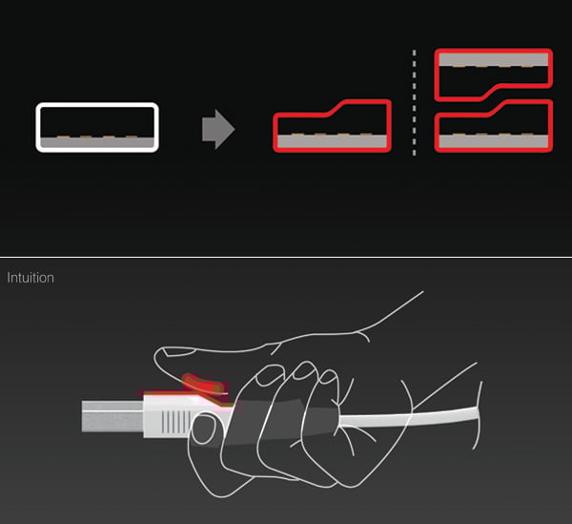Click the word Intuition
[31, 278]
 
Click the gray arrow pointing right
[218, 129]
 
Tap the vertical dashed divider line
[414, 103]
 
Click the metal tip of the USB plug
[112, 416]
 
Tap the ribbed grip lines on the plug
[175, 422]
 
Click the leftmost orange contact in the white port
[63, 136]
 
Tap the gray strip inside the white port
[97, 142]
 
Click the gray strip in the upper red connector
[494, 59]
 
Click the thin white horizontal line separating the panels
[286, 257]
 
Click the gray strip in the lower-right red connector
[494, 141]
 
